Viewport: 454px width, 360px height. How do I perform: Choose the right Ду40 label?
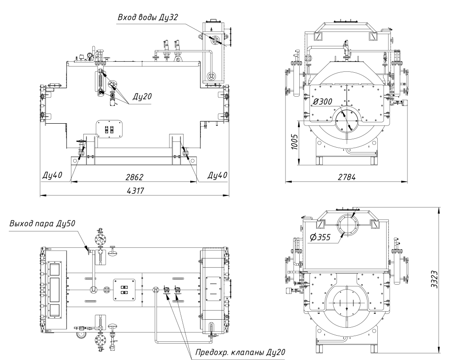pos(217,175)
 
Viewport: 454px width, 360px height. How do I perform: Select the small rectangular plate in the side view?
pos(109,129)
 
